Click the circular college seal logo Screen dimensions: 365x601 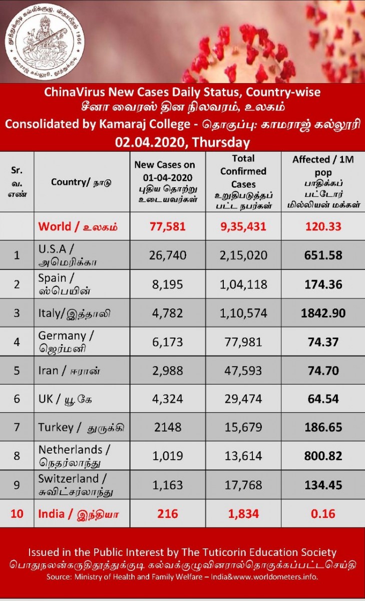[44, 44]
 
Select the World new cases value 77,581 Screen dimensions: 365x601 [168, 226]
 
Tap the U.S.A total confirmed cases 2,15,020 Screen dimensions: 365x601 [243, 255]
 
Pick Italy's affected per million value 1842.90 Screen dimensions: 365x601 [323, 313]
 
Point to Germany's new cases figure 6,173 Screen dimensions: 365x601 [168, 342]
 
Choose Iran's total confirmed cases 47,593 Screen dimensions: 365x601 [243, 371]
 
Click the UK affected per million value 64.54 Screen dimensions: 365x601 [323, 399]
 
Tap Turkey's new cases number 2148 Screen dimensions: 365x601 [168, 427]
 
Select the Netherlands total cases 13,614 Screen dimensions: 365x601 [243, 456]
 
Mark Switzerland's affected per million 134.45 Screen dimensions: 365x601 [323, 485]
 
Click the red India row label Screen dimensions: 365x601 [78, 514]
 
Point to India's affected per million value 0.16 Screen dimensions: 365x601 [323, 514]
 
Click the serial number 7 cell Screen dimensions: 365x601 [17, 427]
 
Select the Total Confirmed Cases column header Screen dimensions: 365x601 [243, 181]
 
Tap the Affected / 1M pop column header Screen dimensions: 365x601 [323, 181]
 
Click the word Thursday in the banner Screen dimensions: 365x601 [221, 142]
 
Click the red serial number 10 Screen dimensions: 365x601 [17, 514]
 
